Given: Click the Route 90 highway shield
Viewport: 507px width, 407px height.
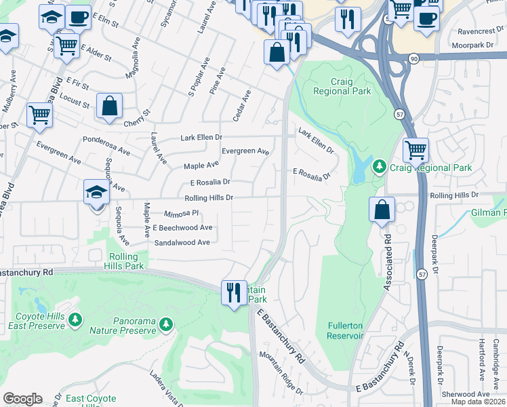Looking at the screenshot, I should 413,59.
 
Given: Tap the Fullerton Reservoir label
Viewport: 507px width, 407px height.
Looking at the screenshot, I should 345,330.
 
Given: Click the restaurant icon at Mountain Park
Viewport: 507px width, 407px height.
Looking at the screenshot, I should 234,292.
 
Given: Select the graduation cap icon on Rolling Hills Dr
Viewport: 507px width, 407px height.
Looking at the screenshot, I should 96,193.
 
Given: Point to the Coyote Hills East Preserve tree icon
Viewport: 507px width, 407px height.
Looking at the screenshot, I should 76,319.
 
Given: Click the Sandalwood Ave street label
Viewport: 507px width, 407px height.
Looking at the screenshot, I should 182,242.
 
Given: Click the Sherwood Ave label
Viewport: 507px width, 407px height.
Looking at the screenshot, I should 466,394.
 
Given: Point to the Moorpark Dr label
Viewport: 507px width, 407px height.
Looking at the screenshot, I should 458,45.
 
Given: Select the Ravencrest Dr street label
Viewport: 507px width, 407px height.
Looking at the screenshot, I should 468,31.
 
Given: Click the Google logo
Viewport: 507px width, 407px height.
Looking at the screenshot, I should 22,399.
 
